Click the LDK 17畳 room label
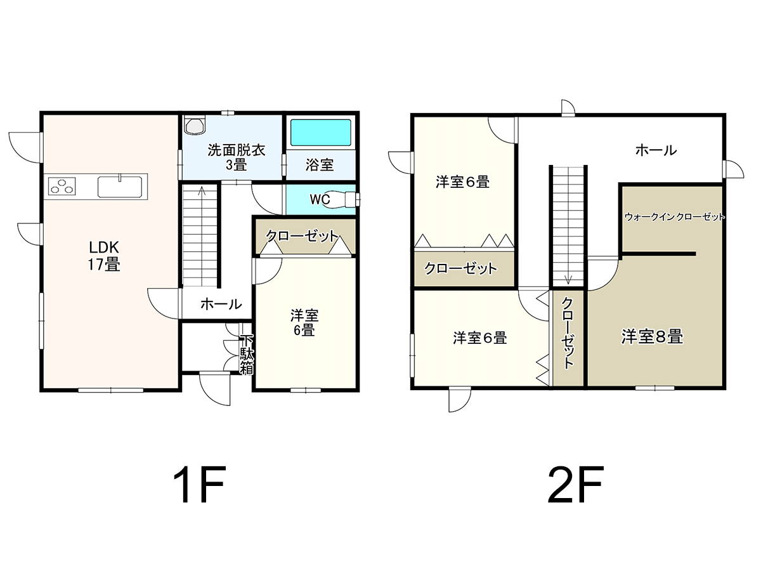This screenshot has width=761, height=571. click(x=103, y=256)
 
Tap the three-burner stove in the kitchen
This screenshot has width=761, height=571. click(x=62, y=186)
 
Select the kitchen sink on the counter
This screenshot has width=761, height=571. click(x=120, y=187)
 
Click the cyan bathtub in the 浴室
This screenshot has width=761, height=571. click(x=321, y=133)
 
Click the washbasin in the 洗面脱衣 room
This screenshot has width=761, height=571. click(x=195, y=125)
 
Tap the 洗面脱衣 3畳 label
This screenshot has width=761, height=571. click(x=237, y=157)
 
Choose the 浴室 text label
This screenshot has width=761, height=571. click(x=320, y=165)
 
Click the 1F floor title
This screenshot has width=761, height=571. click(x=199, y=485)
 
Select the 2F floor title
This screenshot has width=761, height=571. click(x=576, y=485)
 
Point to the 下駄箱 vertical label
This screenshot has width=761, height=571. click(x=247, y=354)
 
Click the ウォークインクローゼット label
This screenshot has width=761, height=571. click(x=675, y=217)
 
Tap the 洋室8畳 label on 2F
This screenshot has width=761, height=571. click(x=652, y=337)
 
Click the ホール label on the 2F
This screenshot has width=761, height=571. click(x=656, y=150)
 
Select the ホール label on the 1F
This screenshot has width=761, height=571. click(x=221, y=304)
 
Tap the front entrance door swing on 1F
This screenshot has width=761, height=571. click(x=215, y=390)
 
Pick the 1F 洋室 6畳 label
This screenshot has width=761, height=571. click(x=304, y=323)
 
